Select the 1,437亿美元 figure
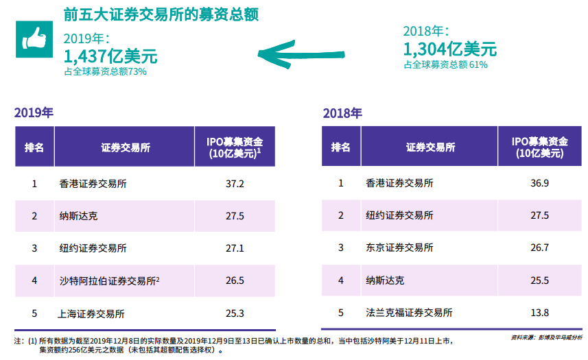click(110, 56)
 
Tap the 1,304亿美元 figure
click(450, 49)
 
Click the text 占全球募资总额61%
click(445, 64)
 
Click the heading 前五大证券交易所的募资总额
click(161, 14)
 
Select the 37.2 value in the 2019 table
click(235, 184)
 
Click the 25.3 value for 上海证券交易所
click(235, 314)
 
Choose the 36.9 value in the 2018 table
click(540, 183)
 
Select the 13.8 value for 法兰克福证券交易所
click(540, 313)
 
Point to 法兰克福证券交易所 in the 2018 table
click(409, 313)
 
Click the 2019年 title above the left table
click(34, 113)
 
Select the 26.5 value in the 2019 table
click(235, 280)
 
